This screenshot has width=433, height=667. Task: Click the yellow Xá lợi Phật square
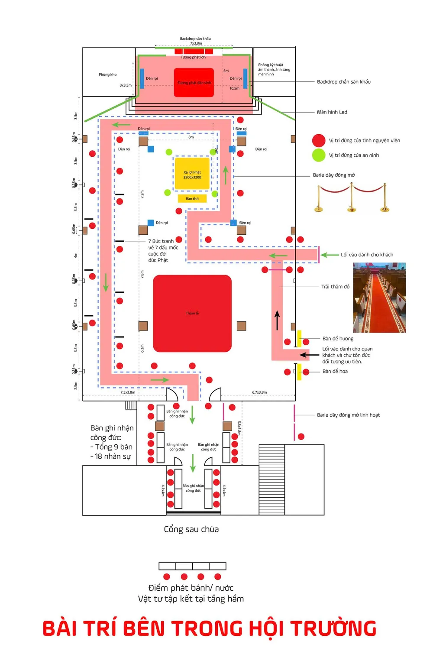click(192, 174)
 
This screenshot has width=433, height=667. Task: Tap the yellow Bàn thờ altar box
click(192, 199)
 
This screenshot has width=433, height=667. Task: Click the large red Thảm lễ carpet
click(192, 313)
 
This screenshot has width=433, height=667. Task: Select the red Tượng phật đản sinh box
click(194, 82)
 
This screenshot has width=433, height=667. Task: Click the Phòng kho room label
click(107, 74)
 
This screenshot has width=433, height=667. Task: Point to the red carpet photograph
click(379, 298)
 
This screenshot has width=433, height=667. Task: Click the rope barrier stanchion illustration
click(351, 198)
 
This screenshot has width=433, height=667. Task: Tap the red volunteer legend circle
click(319, 140)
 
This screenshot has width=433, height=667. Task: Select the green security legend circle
click(319, 155)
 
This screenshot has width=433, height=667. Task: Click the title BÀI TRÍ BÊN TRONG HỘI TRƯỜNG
click(210, 628)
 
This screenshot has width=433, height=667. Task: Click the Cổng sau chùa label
click(191, 529)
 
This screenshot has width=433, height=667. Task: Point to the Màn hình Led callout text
click(332, 112)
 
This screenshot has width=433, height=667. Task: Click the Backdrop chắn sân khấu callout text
click(343, 82)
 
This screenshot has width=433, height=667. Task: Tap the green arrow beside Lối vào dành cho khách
click(330, 255)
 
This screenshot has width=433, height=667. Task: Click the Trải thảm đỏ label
click(335, 287)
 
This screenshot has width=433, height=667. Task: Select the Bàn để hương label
click(338, 339)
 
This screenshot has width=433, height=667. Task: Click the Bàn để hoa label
click(335, 371)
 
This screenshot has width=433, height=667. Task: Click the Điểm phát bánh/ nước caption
click(191, 588)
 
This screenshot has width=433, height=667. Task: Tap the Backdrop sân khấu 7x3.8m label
click(195, 41)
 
